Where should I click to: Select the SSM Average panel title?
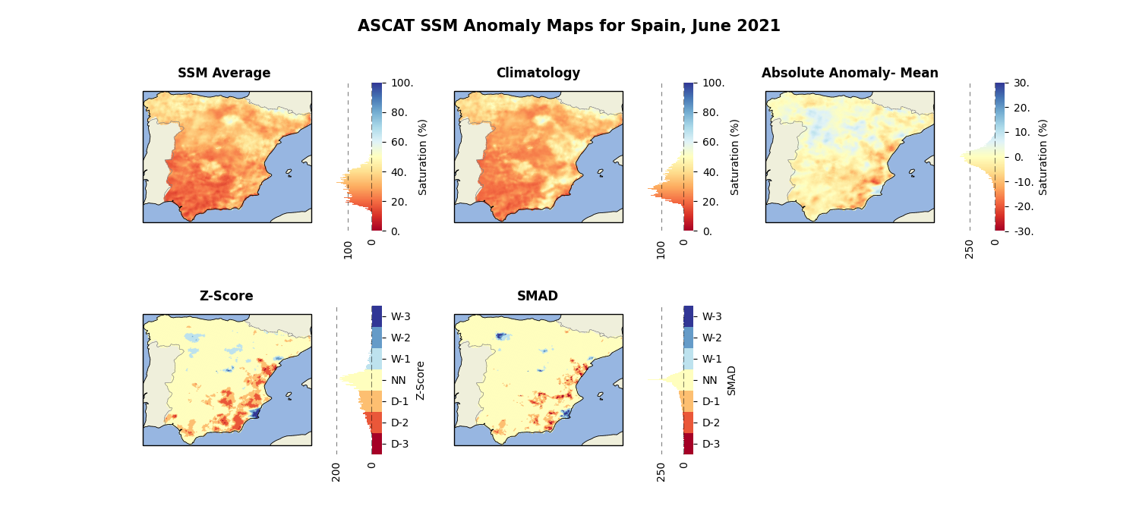pos(224,73)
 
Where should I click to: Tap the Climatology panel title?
pos(538,73)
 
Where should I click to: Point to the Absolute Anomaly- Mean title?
pos(850,73)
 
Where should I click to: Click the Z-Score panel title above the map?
pos(226,296)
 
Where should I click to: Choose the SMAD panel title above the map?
pos(538,296)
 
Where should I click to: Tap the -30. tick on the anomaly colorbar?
pos(1023,231)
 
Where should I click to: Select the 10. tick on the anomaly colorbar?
pos(1021,132)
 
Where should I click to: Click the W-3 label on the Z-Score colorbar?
pos(400,316)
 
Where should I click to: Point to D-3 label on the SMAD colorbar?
pos(711,444)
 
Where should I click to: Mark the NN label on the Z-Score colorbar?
pos(398,380)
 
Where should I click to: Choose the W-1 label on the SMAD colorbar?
pos(712,360)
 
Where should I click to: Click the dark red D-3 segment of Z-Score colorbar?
pos(377,444)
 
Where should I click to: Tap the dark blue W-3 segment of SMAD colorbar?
pos(688,316)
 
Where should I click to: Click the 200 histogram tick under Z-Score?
pos(336,472)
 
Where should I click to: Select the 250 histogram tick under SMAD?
pos(661,472)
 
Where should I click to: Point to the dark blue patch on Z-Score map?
pos(254,413)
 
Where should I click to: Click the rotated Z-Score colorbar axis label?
pos(420,381)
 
